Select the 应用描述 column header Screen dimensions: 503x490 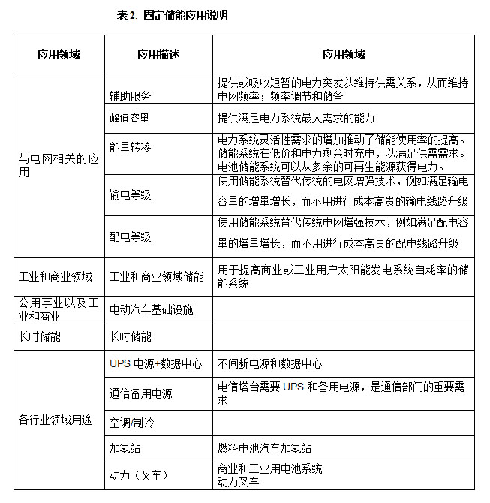tap(158, 55)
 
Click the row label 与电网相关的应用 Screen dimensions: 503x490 tap(59, 166)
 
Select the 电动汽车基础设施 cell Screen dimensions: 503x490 tap(151, 309)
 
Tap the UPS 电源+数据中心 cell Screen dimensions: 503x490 tap(155, 363)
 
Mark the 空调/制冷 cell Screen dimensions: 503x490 tap(131, 423)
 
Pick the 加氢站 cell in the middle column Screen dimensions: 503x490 tap(125, 448)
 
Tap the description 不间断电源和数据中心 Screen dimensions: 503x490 tap(270, 363)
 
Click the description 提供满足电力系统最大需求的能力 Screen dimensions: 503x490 tap(296, 118)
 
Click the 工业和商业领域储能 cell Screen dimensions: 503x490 tap(156, 276)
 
